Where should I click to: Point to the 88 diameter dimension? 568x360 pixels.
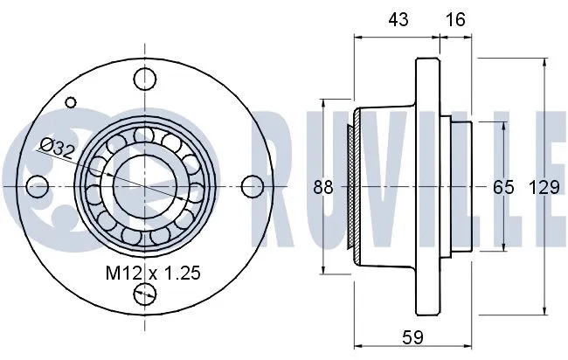point(323,186)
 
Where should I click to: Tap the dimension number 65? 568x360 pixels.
point(503,186)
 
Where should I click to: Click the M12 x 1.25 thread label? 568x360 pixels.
point(153,273)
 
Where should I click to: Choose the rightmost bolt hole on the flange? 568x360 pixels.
point(251,185)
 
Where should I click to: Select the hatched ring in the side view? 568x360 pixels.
point(351,186)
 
